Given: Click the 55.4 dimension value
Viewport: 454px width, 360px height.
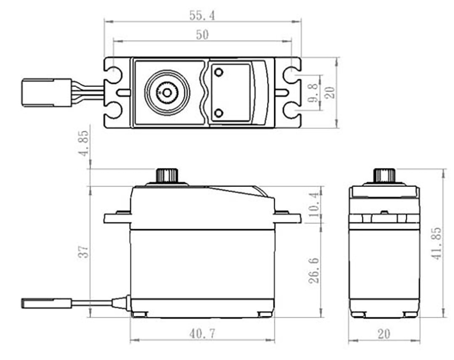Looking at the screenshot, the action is pos(202,16).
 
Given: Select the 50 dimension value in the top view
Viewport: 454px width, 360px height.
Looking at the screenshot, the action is pos(202,35).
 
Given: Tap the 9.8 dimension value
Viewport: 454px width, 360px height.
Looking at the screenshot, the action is pos(313,93).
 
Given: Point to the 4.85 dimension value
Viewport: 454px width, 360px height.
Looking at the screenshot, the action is pos(84,143).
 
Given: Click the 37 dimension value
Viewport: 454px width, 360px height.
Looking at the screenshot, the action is pos(83,252).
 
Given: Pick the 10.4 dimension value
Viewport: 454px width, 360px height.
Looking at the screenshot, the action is pos(315,204).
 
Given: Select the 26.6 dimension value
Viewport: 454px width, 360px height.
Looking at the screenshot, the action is pos(314,270).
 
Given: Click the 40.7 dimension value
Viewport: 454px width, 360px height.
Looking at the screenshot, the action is pos(203,334).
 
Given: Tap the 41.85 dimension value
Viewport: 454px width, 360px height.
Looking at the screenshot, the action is pos(436,243).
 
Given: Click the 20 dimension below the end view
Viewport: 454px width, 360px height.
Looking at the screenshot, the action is pos(384,334).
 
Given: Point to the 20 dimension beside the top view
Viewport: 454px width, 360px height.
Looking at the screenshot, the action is pos(330,93).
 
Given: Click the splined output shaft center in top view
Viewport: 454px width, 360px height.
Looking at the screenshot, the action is pos(167,93).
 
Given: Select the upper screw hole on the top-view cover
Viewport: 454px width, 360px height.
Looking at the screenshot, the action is pos(219,72).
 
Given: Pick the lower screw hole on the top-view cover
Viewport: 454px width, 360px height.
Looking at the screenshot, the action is pos(219,113).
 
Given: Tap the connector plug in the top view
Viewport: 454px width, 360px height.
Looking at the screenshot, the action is pos(47,93).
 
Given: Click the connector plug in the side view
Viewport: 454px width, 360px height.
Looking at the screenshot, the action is pos(47,303).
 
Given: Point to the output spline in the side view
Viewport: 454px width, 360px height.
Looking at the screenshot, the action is pos(167,175).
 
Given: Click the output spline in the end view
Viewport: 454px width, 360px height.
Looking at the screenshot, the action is pos(384,175).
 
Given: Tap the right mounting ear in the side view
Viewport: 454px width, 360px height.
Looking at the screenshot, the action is pos(288,217).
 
